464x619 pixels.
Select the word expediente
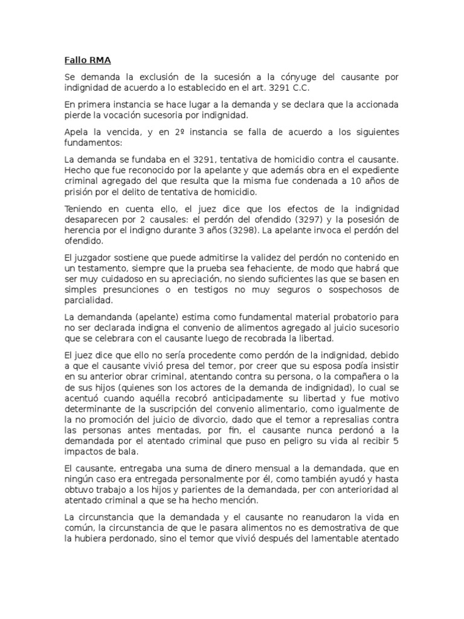(x=373, y=170)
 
